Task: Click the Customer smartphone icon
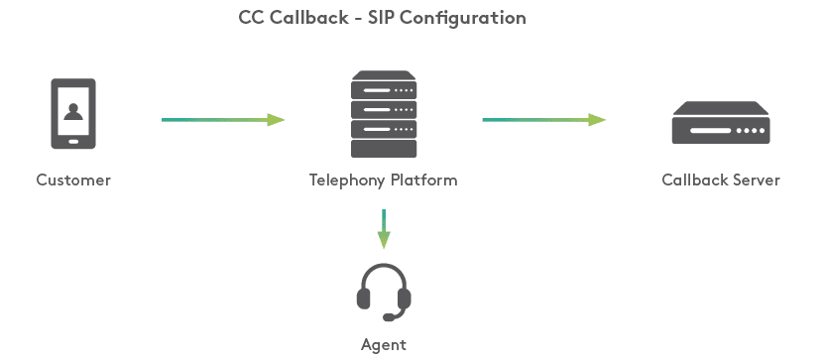73,113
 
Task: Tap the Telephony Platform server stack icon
384,114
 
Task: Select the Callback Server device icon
721,123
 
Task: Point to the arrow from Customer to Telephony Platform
222,119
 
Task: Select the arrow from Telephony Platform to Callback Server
544,119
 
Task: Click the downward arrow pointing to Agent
384,229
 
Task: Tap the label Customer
73,180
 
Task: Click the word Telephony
347,180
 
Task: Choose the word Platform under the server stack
424,180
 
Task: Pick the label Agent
384,345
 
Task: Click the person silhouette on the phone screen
73,112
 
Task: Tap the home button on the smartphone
73,141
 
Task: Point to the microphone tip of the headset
389,317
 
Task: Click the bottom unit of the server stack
384,149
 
